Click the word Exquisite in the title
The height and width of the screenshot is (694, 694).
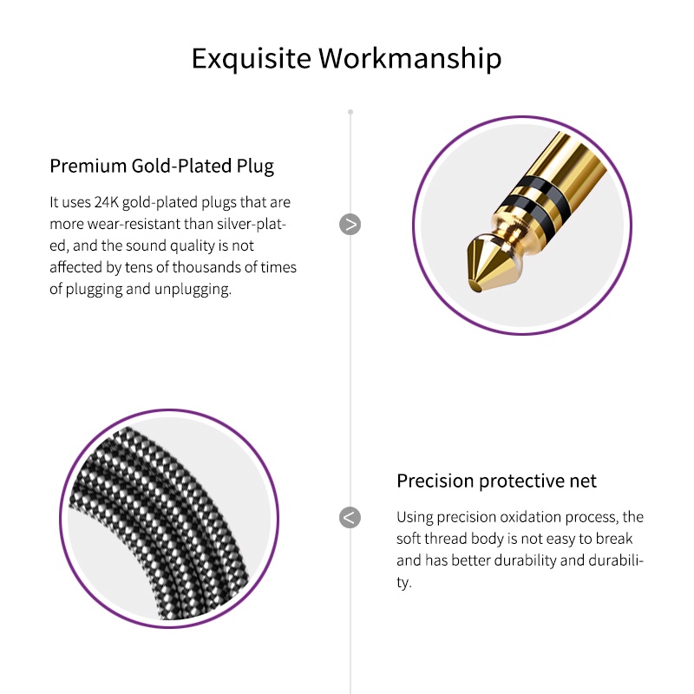[252, 58]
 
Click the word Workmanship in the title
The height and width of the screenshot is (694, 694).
[410, 58]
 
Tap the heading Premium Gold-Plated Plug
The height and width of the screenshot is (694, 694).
[161, 167]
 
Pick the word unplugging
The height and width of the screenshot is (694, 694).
[193, 290]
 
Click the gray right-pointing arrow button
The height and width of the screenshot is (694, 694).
[350, 225]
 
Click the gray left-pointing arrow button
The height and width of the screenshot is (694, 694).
[350, 517]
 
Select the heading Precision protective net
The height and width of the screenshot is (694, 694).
[496, 481]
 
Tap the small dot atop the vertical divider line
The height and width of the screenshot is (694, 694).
[350, 112]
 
